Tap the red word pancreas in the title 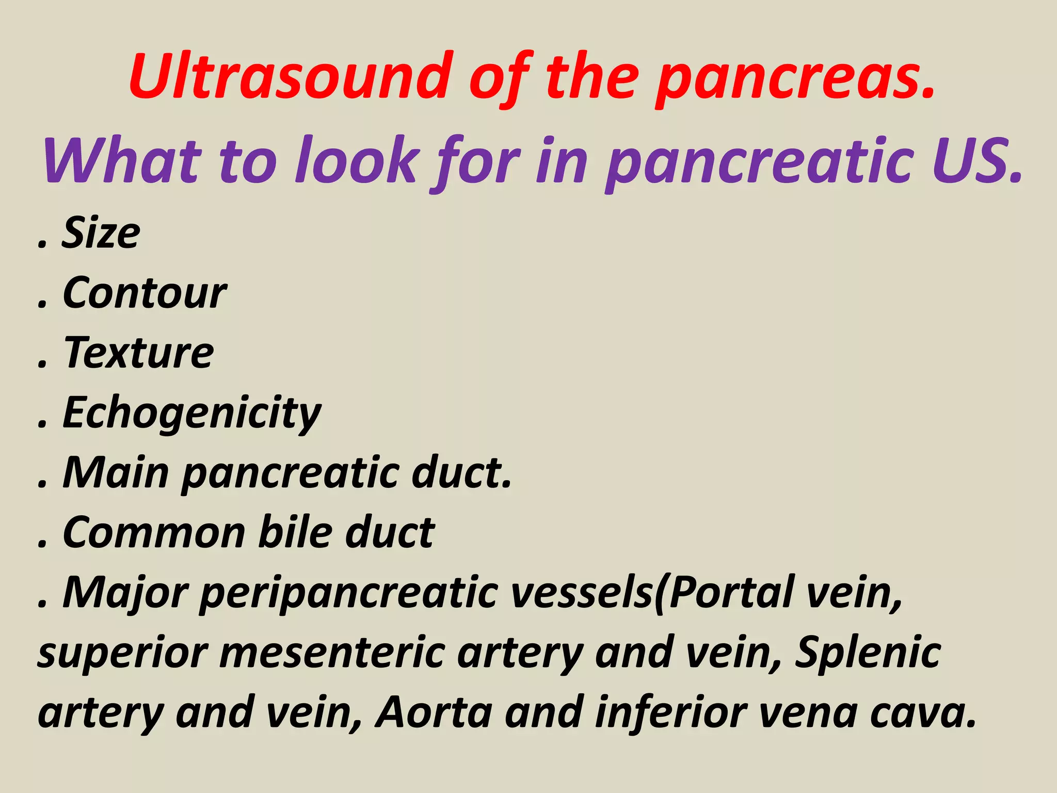pos(795,78)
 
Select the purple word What pos(122,161)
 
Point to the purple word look pos(357,161)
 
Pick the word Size pos(101,233)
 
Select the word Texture pos(138,353)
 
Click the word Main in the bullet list pos(116,473)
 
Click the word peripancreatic pos(349,594)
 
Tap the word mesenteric pos(333,653)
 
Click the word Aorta pos(434,712)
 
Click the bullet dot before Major pos(42,604)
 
